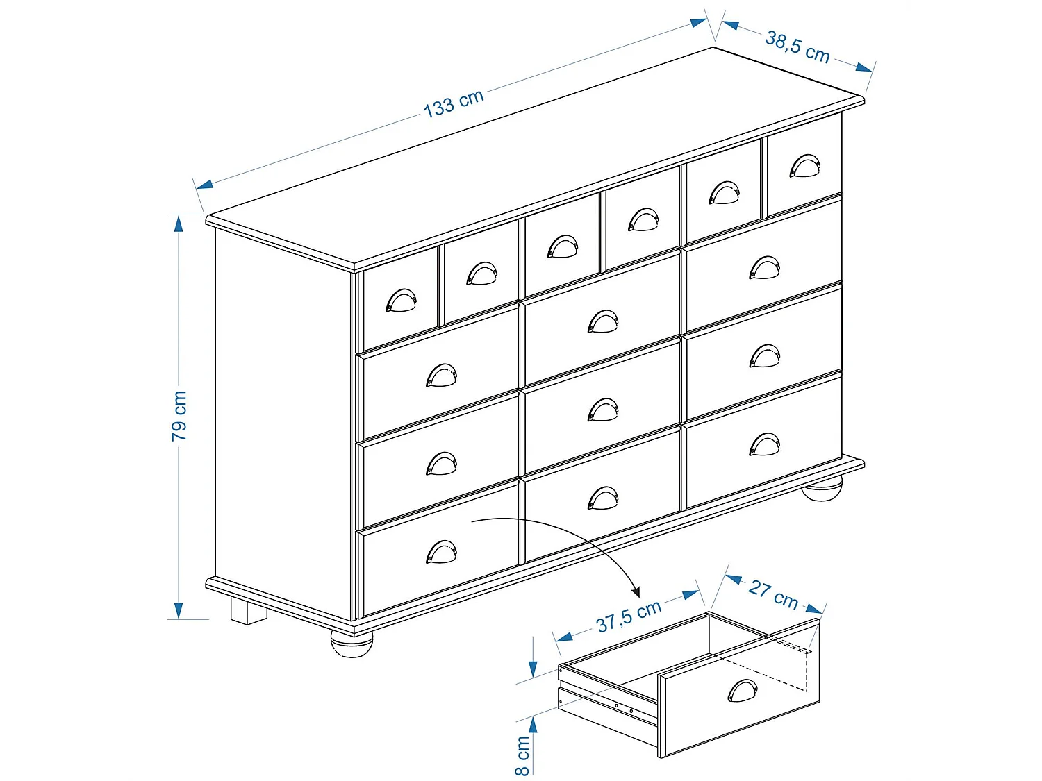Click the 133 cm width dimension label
tap(454, 103)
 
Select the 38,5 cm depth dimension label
tap(797, 47)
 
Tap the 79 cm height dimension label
tap(179, 415)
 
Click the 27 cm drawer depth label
tap(773, 594)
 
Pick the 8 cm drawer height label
tap(522, 755)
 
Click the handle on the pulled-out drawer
tap(743, 691)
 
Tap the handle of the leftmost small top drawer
tap(401, 301)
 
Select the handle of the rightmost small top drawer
tap(804, 167)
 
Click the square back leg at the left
tap(249, 612)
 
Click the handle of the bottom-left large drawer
tap(441, 553)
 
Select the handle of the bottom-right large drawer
tap(764, 445)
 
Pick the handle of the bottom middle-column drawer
tap(602, 498)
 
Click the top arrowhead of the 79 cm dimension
tap(179, 223)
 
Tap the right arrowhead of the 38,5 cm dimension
tap(864, 67)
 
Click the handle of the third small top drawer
tap(562, 246)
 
